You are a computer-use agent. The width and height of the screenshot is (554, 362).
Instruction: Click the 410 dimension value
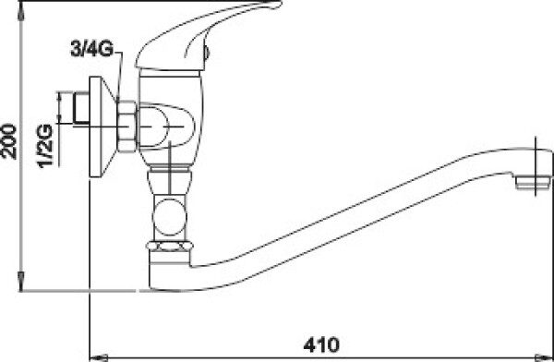point(320,344)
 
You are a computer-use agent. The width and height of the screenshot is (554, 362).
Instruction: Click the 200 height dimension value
point(9,141)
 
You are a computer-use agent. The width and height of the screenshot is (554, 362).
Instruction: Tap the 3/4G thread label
point(91,50)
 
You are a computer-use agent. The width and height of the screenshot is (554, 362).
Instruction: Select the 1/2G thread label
point(45,145)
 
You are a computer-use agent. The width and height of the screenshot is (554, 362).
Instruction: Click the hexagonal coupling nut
point(126,127)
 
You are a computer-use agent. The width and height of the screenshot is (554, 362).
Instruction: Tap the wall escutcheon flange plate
point(102,127)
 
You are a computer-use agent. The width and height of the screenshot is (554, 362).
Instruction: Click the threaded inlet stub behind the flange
point(81,108)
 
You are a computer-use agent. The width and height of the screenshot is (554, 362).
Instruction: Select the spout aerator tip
point(533,183)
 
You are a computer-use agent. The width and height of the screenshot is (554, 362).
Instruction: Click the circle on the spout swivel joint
point(170,217)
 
